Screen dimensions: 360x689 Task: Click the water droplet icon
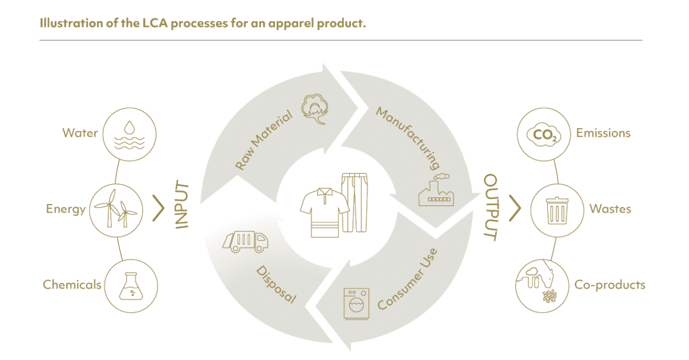[x=129, y=127]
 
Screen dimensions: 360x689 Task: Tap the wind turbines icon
[x=116, y=210]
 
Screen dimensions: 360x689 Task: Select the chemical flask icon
[x=130, y=286]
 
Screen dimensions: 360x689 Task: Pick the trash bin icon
[x=557, y=210]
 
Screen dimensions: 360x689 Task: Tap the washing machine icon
[x=356, y=304]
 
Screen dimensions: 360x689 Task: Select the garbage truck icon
[x=245, y=241]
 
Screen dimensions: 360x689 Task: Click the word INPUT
[x=182, y=206]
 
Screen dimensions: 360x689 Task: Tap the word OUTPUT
[x=490, y=207]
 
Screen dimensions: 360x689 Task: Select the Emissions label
[x=603, y=133]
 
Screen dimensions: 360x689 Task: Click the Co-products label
[x=609, y=285]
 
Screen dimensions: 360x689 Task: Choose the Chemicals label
[x=72, y=285]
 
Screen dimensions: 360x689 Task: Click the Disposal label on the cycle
[x=276, y=284]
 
